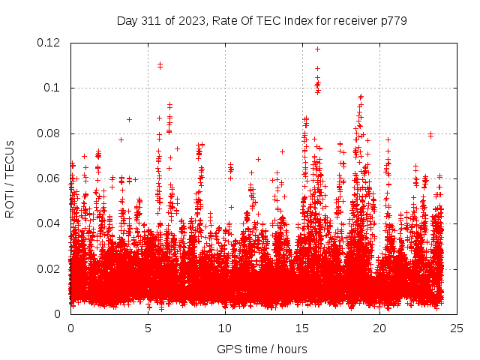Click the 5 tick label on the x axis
[x=148, y=328]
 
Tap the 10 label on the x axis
[x=225, y=328]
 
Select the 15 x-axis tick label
[x=302, y=328]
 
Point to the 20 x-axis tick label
[x=379, y=328]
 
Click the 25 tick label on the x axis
[x=457, y=328]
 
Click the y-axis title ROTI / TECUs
[x=10, y=178]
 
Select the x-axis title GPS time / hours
[x=262, y=349]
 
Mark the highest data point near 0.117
[x=317, y=49]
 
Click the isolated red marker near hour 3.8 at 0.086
[x=129, y=119]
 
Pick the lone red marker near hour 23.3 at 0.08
[x=430, y=134]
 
